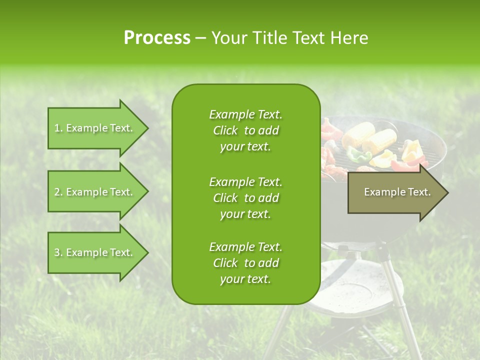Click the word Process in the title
157,38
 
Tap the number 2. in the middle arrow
58,192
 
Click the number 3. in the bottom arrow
58,252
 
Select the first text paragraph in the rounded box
245,130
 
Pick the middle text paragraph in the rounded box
245,197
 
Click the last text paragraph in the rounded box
245,263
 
